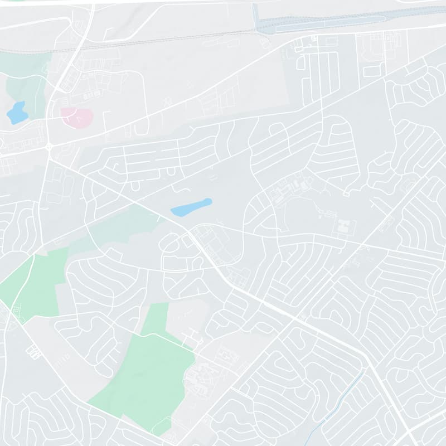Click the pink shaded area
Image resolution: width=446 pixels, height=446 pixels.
[76, 117]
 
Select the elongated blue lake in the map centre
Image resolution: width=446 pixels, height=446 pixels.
[192, 207]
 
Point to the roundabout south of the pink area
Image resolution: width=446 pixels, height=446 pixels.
[49, 147]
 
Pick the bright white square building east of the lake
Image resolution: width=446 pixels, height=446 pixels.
[345, 226]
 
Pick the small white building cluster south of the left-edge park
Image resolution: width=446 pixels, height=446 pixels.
[33, 351]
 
